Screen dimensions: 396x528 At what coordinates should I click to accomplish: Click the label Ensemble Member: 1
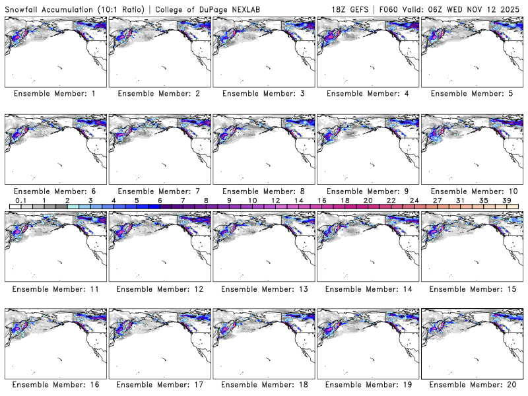click(55, 94)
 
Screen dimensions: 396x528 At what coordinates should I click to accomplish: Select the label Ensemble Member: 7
click(158, 191)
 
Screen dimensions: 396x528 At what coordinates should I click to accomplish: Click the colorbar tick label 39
click(507, 200)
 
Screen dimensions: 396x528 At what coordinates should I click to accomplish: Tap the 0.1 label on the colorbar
click(20, 200)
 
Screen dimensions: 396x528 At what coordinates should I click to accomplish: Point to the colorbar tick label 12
click(275, 200)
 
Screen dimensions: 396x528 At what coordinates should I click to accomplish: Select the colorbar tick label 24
click(414, 200)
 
